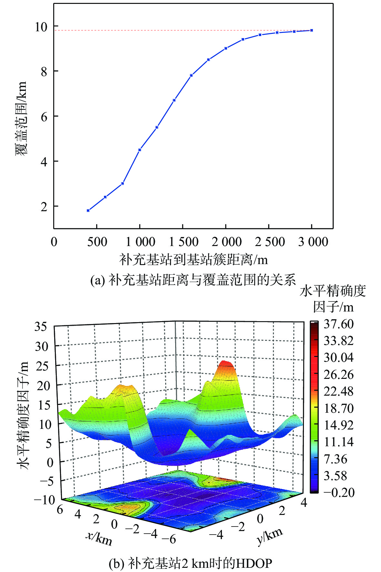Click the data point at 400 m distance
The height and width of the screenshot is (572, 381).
88,211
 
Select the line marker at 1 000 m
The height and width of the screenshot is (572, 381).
140,150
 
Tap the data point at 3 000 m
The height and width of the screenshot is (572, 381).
311,30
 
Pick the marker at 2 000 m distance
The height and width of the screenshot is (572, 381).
226,48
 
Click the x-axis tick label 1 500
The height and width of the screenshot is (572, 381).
184,242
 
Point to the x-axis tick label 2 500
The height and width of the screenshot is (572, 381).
270,242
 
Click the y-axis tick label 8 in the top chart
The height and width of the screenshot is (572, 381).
44,72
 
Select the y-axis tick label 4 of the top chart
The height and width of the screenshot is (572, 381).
44,162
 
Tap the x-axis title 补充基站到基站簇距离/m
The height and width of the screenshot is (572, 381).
194,260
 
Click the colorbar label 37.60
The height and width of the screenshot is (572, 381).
338,324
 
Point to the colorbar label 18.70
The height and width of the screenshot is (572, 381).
338,408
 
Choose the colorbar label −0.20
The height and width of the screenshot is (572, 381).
338,492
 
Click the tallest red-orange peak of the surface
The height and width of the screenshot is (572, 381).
226,363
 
